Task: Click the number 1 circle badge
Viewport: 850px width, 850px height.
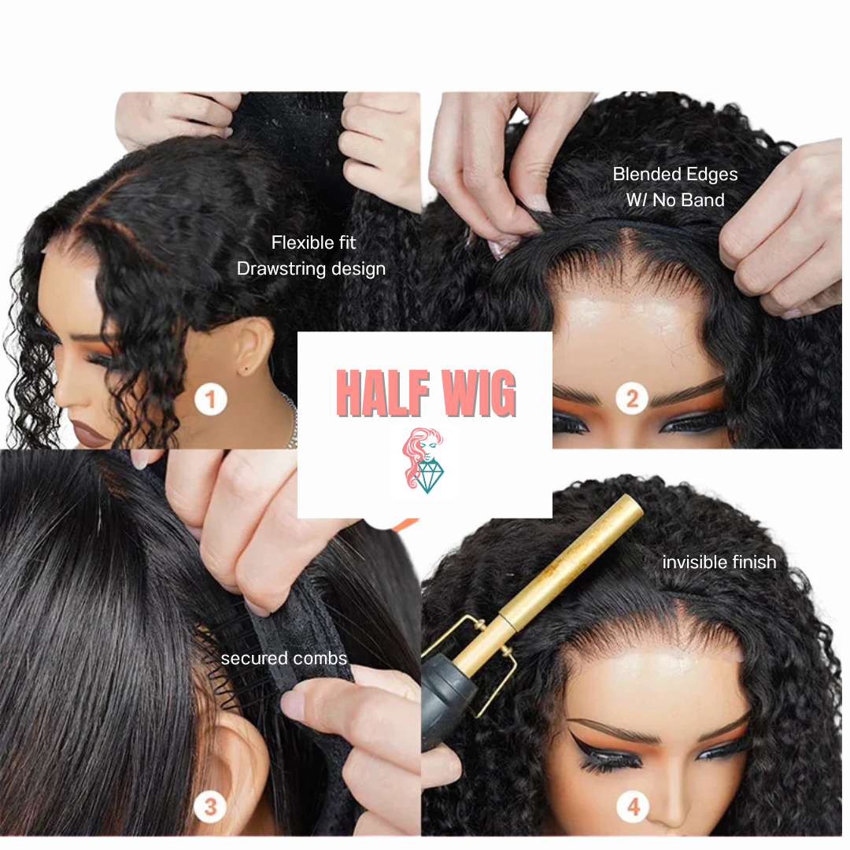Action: pos(209,400)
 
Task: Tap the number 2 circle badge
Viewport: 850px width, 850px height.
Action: pos(631,400)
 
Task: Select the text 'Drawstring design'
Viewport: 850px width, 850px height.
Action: pos(311,268)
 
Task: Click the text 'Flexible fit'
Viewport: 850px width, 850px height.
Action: pos(313,242)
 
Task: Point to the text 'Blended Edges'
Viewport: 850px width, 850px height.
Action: pos(675,174)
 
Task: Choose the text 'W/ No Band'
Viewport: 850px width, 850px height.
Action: pos(675,200)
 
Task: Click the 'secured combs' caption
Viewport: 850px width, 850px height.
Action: pos(283,658)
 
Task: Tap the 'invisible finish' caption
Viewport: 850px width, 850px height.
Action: pos(719,562)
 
